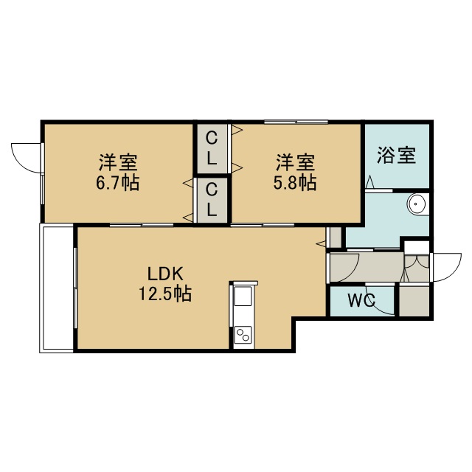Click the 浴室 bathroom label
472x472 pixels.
click(x=397, y=156)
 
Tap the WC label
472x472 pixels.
click(x=361, y=300)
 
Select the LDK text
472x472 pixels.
click(x=165, y=274)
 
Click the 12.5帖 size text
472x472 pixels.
click(x=165, y=294)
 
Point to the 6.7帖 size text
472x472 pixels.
click(x=118, y=182)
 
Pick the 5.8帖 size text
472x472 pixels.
click(x=295, y=182)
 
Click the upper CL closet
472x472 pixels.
click(x=212, y=149)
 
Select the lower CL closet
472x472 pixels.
click(x=212, y=200)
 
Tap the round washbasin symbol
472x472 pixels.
click(x=418, y=204)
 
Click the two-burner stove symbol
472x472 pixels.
click(x=243, y=334)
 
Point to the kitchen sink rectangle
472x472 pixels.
click(x=243, y=296)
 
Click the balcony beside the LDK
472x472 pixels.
click(x=57, y=288)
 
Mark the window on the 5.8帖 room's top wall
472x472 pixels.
click(x=296, y=122)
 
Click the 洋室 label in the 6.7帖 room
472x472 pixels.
click(x=118, y=163)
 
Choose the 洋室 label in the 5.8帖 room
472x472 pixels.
click(x=295, y=163)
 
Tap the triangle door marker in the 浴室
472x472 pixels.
click(x=369, y=182)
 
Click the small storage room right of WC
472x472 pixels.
click(x=414, y=301)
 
